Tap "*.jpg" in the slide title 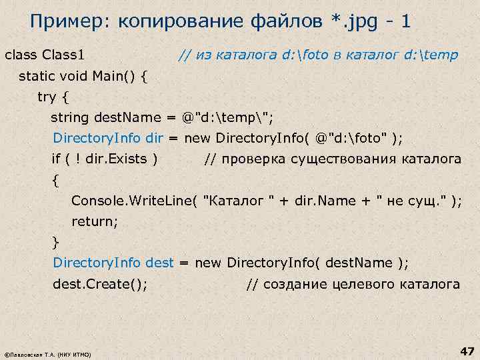pyautogui.click(x=357, y=22)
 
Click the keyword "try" pyautogui.click(x=47, y=97)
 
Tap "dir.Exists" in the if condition pyautogui.click(x=117, y=159)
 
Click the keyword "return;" pyautogui.click(x=94, y=221)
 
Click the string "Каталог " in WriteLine pyautogui.click(x=240, y=201)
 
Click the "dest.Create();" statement pyautogui.click(x=100, y=284)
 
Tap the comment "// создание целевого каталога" pyautogui.click(x=353, y=284)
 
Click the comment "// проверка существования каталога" pyautogui.click(x=332, y=159)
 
